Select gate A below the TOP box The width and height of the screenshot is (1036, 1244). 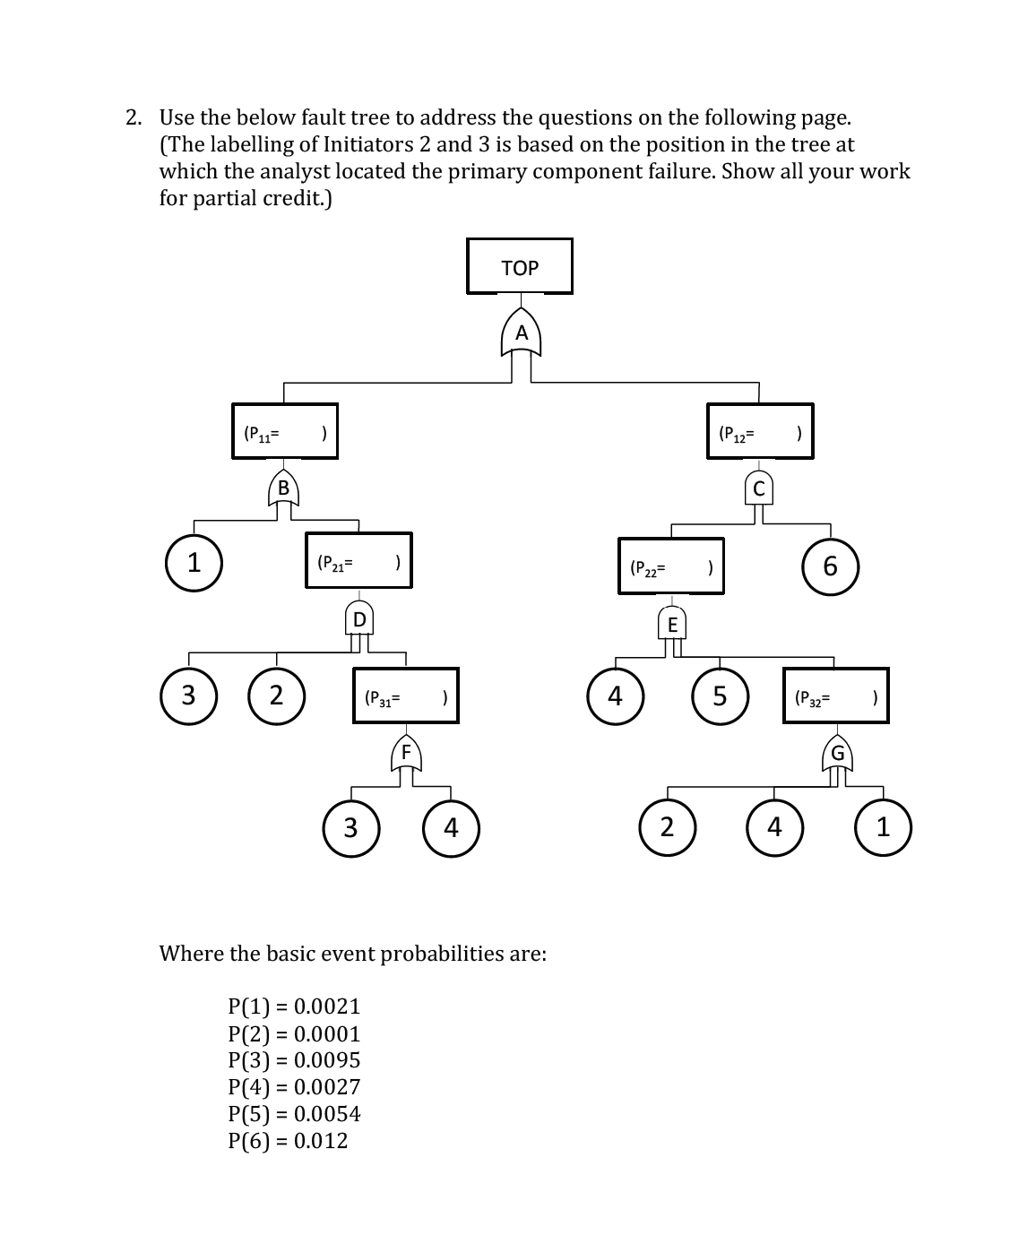click(x=522, y=332)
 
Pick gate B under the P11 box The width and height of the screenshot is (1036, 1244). click(x=283, y=488)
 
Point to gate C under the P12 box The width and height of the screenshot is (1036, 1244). click(x=759, y=488)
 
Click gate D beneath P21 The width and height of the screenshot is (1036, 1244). click(x=359, y=618)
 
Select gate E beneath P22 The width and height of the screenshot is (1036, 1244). click(x=672, y=624)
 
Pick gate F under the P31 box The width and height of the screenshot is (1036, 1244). click(x=406, y=753)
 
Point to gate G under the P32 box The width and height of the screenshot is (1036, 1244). click(x=837, y=753)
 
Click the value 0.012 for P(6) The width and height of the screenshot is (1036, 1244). click(x=321, y=1140)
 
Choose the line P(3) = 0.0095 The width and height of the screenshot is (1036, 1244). click(x=294, y=1060)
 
